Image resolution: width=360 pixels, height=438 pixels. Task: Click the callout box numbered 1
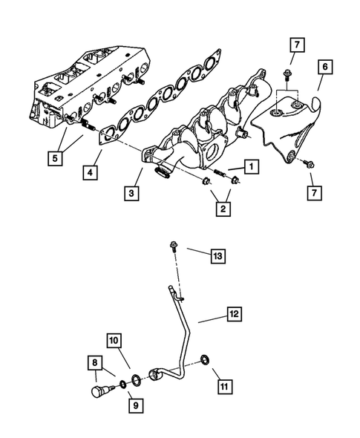(x=250, y=169)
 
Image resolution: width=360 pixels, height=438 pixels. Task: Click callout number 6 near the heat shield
(x=324, y=86)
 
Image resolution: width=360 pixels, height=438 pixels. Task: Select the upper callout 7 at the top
(x=295, y=47)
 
